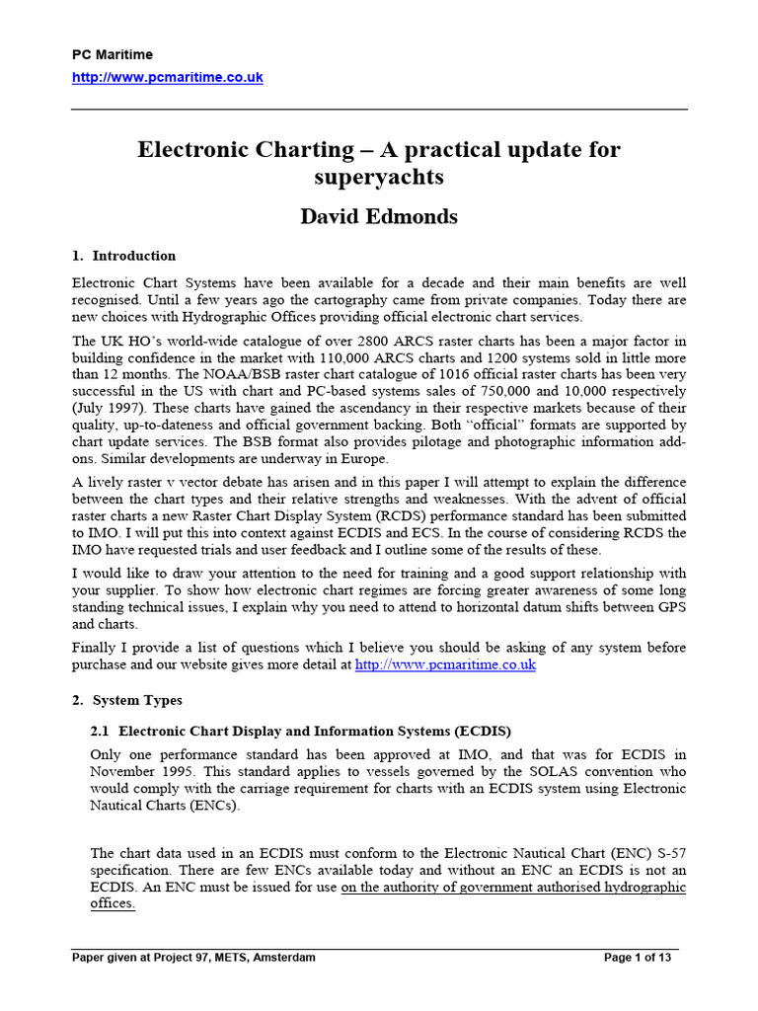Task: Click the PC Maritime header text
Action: click(113, 55)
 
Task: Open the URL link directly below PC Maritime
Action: click(168, 77)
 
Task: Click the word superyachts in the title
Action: click(379, 178)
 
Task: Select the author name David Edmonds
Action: click(379, 217)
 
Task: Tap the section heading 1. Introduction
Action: click(124, 256)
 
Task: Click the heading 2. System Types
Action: click(127, 700)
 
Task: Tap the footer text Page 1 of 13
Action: click(642, 958)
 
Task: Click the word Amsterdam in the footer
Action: click(283, 958)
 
